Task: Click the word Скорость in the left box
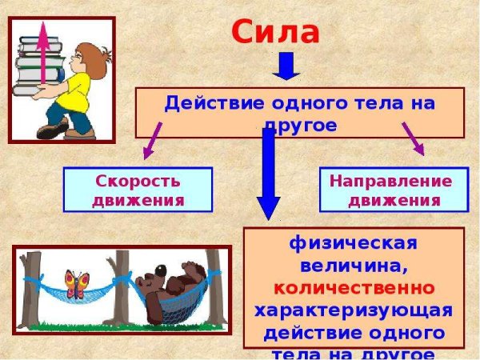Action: pos(138,180)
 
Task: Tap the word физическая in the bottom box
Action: pos(354,242)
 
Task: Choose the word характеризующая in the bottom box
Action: pos(354,309)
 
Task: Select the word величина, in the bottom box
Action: pos(354,264)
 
